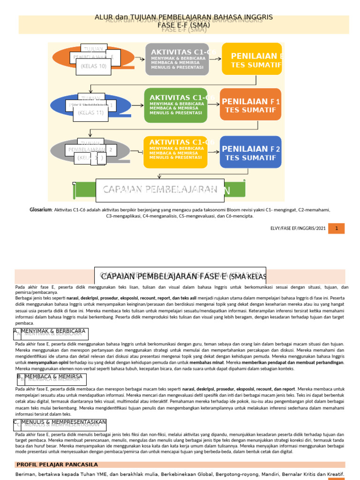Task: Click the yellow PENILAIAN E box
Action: coord(252,59)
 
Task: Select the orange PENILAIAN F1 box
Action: coord(250,105)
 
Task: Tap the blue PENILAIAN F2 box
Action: coord(250,152)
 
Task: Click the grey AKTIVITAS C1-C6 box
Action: coord(177,59)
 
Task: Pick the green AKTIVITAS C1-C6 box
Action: coord(175,105)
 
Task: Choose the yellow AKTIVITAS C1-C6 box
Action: coord(175,151)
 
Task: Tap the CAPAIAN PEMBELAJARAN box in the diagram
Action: coord(160,189)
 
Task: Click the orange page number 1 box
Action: coord(336,228)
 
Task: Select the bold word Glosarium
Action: coord(40,210)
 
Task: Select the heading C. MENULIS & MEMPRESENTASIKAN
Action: coord(60,424)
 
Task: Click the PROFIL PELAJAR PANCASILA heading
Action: coord(57,465)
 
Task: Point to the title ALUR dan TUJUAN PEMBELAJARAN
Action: coord(184,18)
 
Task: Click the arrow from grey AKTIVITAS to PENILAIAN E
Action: coord(215,59)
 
